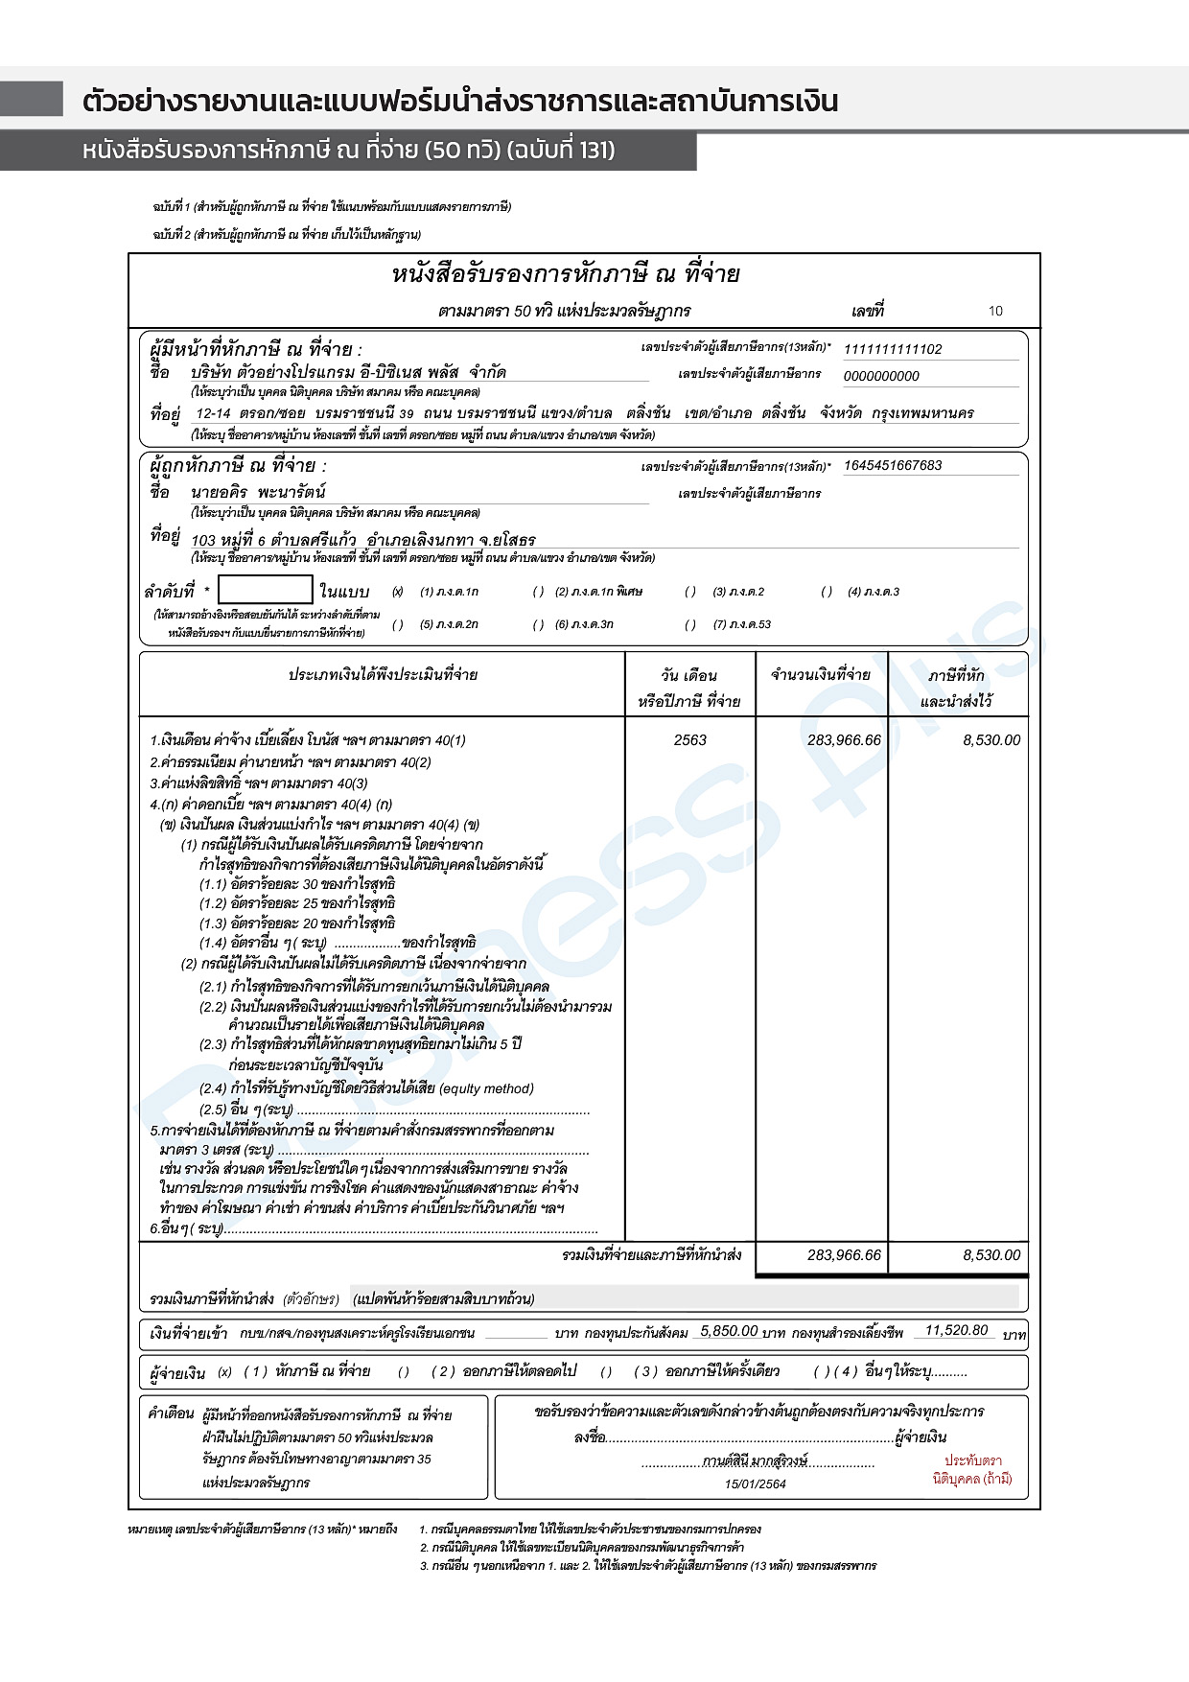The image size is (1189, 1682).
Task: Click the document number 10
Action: tap(995, 311)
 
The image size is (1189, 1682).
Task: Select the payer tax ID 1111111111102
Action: tap(892, 349)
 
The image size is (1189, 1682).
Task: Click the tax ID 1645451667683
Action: tap(892, 466)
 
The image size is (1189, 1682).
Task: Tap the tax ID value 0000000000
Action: tap(880, 376)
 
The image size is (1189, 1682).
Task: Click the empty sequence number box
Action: tap(265, 590)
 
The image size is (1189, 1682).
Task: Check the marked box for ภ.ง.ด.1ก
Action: tap(398, 592)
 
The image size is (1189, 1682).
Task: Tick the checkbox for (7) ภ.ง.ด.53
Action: tap(690, 624)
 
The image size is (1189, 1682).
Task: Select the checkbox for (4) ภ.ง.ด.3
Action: tap(827, 592)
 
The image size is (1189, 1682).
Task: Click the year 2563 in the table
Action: tap(689, 740)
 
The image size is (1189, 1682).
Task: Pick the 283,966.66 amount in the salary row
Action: tap(844, 740)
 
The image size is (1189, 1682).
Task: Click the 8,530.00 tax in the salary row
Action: tap(991, 740)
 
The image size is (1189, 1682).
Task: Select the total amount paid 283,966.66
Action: tap(844, 1255)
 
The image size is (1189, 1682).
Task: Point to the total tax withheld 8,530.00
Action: tap(991, 1255)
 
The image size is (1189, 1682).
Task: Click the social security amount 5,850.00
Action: tap(729, 1331)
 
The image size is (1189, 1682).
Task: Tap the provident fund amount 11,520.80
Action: tap(956, 1330)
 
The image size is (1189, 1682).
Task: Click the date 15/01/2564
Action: tap(755, 1483)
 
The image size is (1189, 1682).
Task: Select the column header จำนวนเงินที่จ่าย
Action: tap(821, 675)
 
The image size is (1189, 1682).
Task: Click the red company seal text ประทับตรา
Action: tap(972, 1460)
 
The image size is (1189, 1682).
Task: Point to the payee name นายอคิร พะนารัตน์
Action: tap(258, 492)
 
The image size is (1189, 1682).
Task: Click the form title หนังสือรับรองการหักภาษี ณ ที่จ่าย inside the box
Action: tap(566, 274)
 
